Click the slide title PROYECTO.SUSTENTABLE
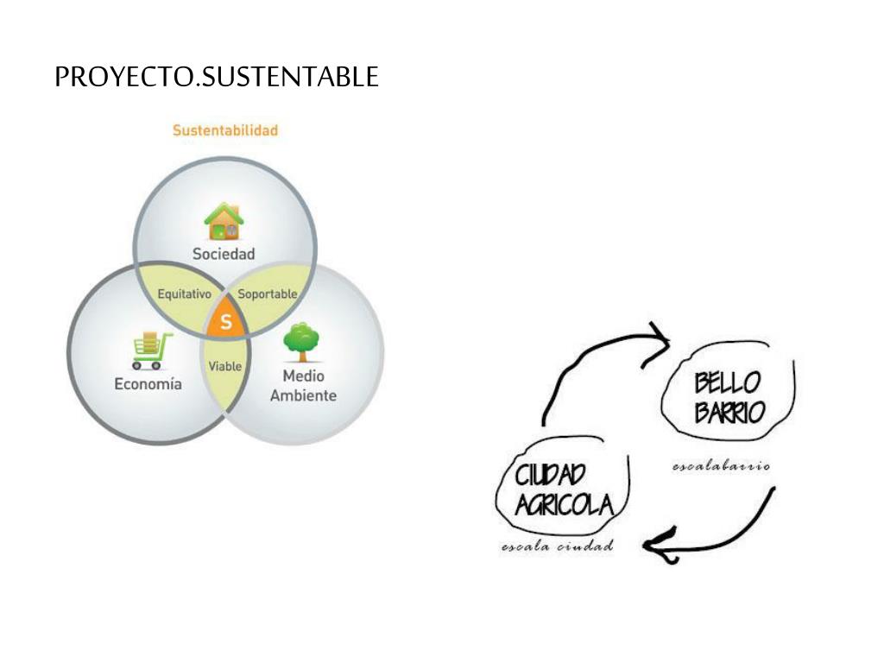216,78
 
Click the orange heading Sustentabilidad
224,131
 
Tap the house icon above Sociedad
224,222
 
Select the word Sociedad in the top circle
224,254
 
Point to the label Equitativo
184,294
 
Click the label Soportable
268,294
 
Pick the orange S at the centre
226,323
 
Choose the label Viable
225,366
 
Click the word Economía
148,384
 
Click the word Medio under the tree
303,377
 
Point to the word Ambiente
303,396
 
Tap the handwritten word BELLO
728,382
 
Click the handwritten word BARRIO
729,412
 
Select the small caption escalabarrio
721,466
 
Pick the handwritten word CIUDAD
550,475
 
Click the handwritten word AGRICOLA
563,504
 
